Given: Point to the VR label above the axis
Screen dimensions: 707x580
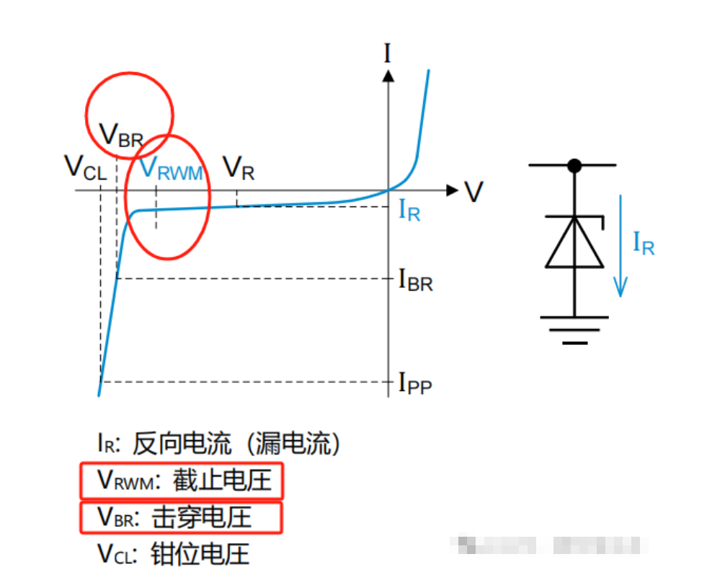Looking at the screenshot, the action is tap(239, 169).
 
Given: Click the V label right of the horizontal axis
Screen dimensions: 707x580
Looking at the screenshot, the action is tap(473, 191).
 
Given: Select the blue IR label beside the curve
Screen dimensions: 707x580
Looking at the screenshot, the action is tap(409, 211).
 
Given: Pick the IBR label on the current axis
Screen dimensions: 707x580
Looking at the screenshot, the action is tap(416, 280).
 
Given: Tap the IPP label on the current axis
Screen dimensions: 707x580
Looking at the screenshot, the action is tap(415, 383).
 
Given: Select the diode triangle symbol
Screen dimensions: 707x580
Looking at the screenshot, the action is tap(574, 243).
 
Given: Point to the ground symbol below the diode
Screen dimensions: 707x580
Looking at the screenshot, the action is tap(574, 328).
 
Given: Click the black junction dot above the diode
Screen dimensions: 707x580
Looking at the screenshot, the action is tap(574, 166).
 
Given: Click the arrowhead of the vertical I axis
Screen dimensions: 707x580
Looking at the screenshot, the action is tap(388, 74).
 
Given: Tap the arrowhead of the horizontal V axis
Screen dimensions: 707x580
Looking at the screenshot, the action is tap(452, 190).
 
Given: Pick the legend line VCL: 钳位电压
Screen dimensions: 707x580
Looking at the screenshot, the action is tap(173, 553).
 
